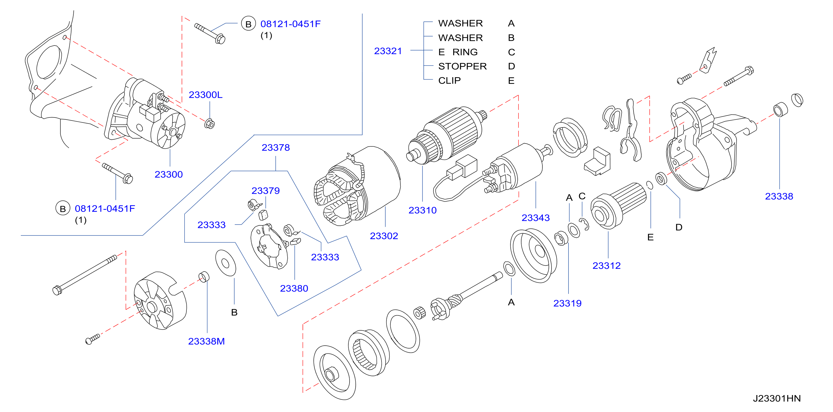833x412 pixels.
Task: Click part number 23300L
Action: coord(205,95)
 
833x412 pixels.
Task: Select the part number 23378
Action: coord(276,147)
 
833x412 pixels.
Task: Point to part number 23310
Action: coord(422,210)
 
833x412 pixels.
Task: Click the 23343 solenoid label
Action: coord(535,218)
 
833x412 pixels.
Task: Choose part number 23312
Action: coord(606,266)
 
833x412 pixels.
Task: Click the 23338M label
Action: coord(206,341)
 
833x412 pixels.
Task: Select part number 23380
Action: coord(294,288)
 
